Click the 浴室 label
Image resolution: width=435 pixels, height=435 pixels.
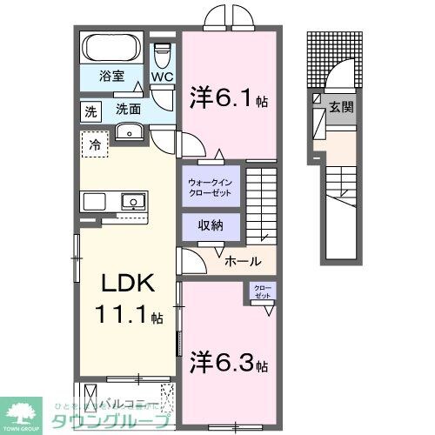tap(110, 76)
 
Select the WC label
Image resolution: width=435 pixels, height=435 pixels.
tap(162, 77)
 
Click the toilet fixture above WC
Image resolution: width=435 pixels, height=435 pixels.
tap(163, 55)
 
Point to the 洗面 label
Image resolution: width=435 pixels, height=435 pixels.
tap(129, 110)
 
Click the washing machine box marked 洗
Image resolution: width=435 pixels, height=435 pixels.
tap(91, 110)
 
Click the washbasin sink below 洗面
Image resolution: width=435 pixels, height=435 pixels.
tap(130, 132)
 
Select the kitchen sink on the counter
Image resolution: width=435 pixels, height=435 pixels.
tap(132, 202)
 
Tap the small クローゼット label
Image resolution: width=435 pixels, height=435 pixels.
tap(263, 291)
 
